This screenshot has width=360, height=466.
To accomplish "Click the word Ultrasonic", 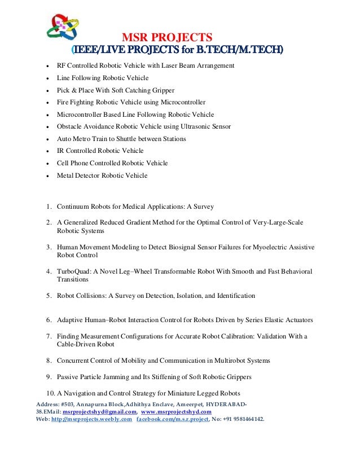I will (196, 127).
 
